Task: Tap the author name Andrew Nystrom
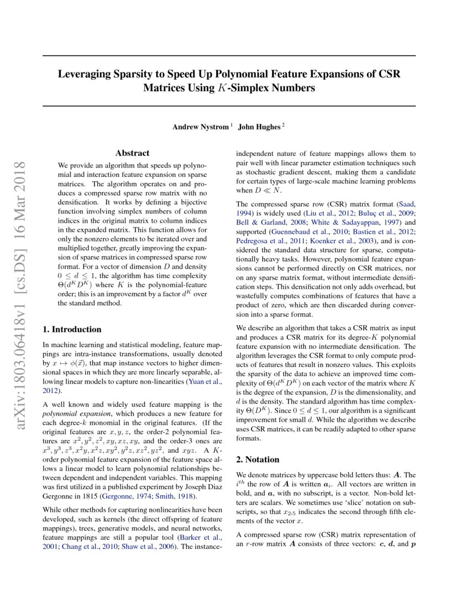click(x=200, y=127)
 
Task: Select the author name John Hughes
click(x=259, y=127)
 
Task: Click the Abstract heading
click(x=132, y=153)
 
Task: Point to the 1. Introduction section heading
click(x=72, y=329)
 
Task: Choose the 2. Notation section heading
click(x=258, y=459)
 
